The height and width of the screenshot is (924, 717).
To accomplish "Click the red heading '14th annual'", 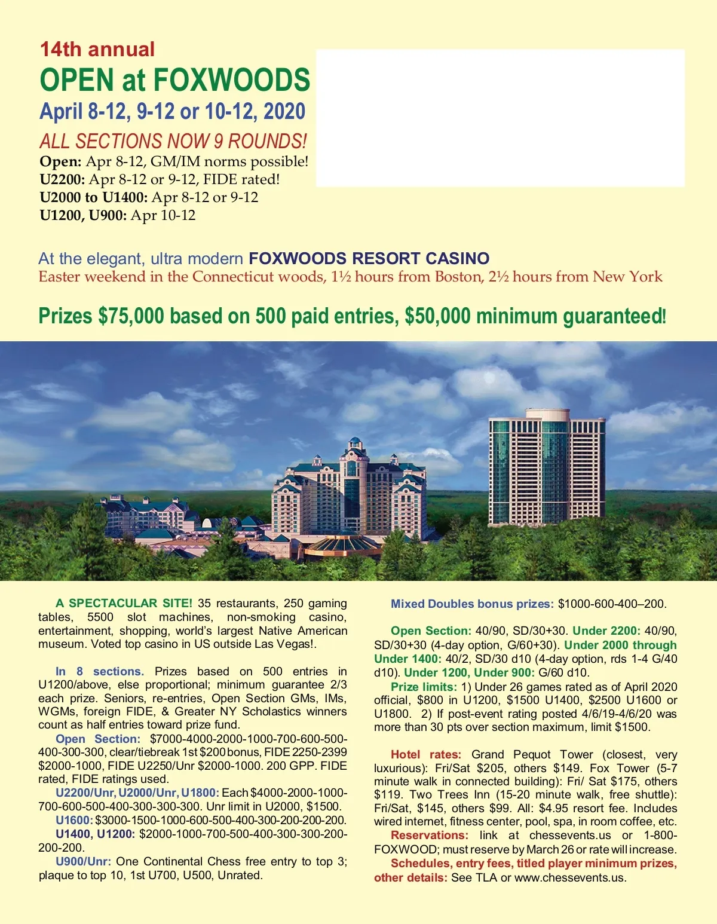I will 97,49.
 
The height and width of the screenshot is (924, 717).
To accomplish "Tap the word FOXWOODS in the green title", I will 232,80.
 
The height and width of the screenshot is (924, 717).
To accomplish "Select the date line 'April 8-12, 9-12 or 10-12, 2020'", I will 172,112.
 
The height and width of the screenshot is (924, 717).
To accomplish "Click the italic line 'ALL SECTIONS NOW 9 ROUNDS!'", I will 173,142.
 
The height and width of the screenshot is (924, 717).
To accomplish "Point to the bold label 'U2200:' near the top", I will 62,180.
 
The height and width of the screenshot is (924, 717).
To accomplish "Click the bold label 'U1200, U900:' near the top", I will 83,216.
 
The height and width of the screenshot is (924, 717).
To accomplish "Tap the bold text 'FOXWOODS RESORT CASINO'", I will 369,259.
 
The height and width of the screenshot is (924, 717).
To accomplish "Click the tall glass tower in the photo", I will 546,466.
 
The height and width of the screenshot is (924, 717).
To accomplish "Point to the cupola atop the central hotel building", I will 356,444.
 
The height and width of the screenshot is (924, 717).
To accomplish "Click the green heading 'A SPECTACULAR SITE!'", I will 124,604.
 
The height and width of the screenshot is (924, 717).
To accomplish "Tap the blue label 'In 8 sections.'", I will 100,672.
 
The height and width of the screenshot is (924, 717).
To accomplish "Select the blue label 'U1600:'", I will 74,821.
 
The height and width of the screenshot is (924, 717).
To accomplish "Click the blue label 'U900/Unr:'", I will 83,862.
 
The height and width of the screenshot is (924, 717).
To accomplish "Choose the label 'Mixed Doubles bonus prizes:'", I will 472,604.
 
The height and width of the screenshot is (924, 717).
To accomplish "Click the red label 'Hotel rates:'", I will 425,755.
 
